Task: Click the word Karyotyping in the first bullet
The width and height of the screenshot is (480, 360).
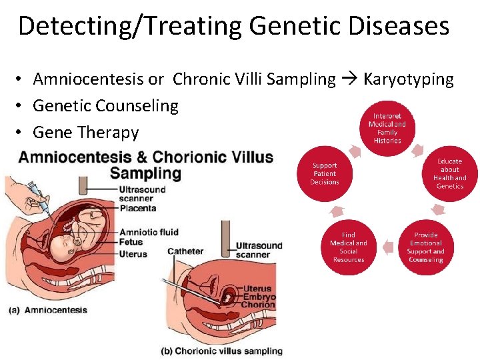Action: (x=408, y=79)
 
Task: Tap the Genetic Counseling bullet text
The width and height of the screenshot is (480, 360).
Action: (x=105, y=105)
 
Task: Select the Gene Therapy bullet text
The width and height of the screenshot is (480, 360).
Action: (x=85, y=132)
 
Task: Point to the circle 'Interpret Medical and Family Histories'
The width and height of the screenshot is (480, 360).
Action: (x=387, y=129)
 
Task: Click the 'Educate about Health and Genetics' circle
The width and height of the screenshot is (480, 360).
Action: (x=449, y=174)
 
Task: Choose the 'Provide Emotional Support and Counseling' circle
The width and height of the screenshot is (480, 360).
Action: (x=425, y=247)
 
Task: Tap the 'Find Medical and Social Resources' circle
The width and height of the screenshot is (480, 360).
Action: (x=349, y=247)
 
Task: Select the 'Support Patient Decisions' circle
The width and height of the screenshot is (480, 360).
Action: (x=325, y=174)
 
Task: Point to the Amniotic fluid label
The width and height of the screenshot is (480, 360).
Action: (x=148, y=232)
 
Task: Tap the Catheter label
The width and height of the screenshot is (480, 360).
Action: (x=185, y=251)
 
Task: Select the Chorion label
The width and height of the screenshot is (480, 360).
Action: (x=259, y=305)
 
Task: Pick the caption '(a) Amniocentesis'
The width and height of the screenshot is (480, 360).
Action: (x=49, y=310)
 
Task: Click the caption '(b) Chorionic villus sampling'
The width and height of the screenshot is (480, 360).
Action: (x=221, y=351)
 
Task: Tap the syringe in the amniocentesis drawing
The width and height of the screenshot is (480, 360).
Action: (x=37, y=199)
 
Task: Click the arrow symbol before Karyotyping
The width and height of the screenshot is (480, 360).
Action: (x=349, y=79)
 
